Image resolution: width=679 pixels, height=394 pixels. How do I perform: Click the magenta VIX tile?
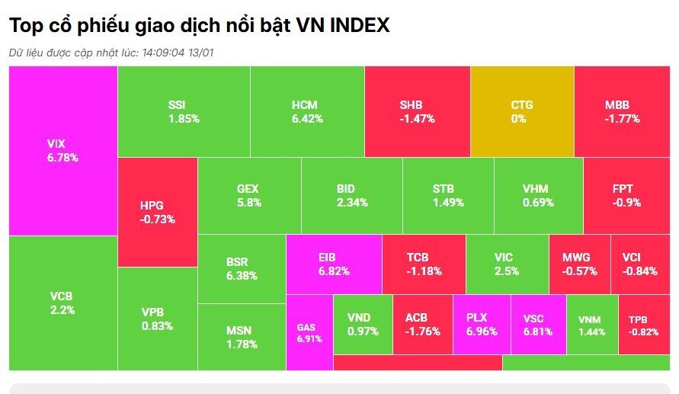point(62,151)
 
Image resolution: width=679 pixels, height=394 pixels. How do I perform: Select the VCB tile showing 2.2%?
point(62,303)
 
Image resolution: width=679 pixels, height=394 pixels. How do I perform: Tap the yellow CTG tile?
point(522,111)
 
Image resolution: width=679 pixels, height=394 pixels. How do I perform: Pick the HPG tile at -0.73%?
point(158,212)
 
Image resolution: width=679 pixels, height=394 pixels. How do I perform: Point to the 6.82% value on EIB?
point(333,271)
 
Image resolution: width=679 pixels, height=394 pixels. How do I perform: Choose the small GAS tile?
point(309,332)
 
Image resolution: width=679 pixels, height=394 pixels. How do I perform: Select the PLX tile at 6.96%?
point(481,325)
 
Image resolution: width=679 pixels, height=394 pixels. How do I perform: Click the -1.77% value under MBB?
point(622,119)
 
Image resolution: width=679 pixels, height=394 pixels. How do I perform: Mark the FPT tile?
point(626,195)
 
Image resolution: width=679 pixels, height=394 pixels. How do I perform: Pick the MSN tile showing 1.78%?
point(242,337)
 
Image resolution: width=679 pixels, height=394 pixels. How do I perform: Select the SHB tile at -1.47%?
point(417,111)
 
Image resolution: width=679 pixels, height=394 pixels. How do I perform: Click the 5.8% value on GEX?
point(249,203)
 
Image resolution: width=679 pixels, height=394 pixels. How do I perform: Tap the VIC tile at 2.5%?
point(507,264)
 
